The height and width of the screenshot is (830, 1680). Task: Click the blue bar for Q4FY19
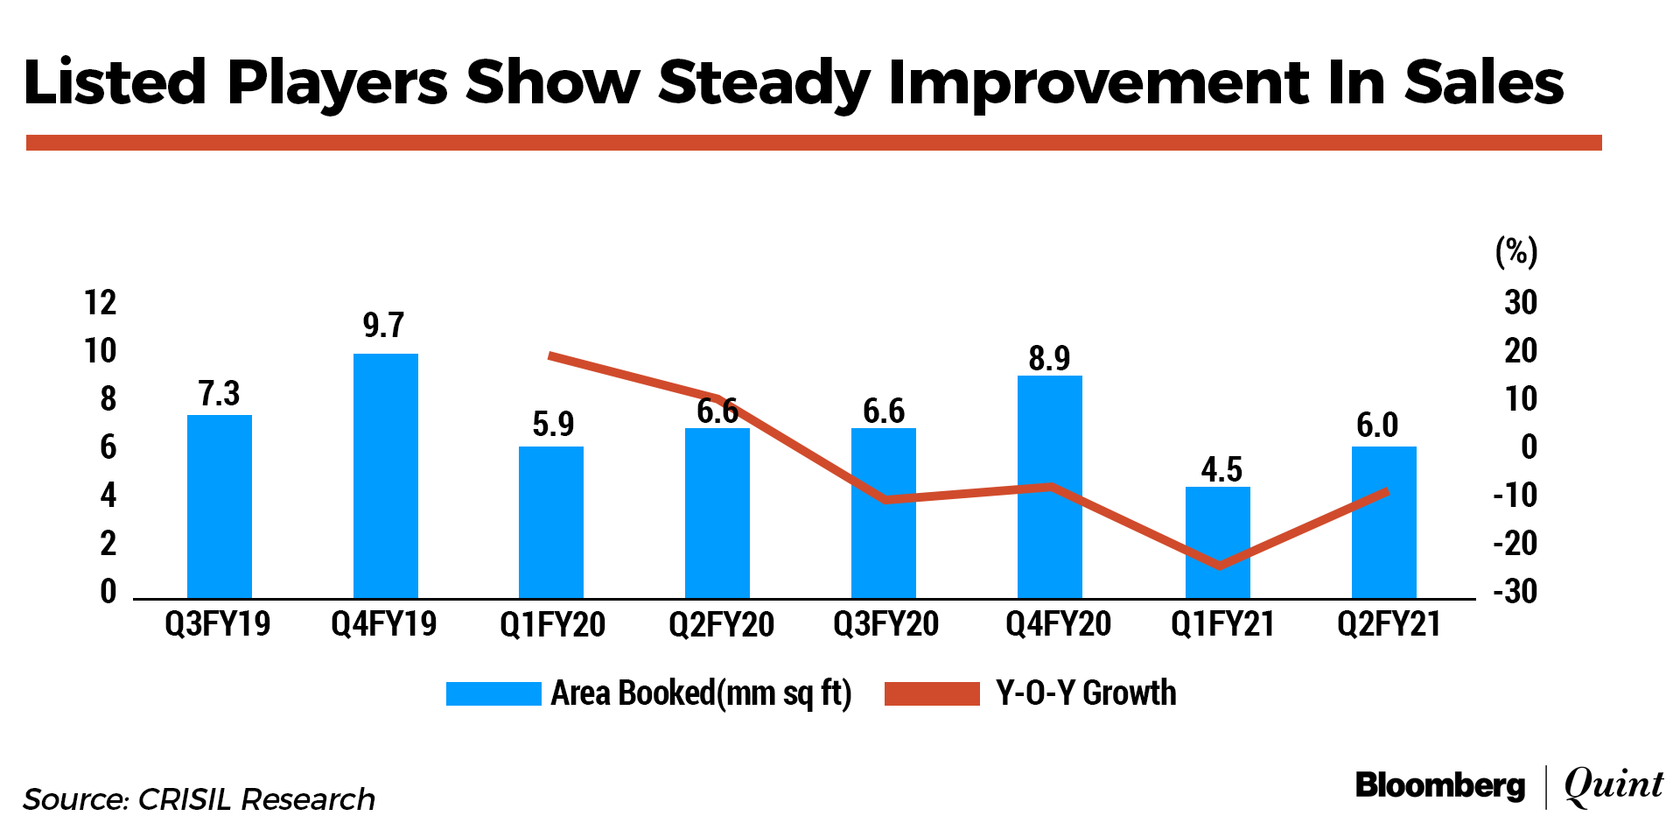pos(385,476)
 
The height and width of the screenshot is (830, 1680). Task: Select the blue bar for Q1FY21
pos(1217,543)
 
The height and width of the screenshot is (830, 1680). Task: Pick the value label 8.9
pos(1049,358)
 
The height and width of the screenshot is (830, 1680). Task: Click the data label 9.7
pos(383,326)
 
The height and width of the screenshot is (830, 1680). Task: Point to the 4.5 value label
pos(1221,469)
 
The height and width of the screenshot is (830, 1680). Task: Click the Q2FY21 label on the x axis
pos(1389,624)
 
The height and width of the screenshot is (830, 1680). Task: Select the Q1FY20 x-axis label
pos(552,624)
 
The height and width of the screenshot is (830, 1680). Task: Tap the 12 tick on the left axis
pos(101,303)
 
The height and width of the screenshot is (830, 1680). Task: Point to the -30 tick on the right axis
pos(1515,592)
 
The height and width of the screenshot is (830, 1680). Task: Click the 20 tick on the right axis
pos(1521,351)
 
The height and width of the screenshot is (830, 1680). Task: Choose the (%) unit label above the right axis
pos(1516,252)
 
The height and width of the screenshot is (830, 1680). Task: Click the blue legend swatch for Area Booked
pos(493,693)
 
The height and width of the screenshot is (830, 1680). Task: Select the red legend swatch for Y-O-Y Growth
pos(932,693)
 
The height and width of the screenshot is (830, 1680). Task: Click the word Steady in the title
pos(764,83)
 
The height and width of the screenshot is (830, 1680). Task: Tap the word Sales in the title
pos(1484,83)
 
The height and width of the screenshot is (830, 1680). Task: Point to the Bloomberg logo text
pos(1440,785)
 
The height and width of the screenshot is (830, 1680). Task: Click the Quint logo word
pos(1613,785)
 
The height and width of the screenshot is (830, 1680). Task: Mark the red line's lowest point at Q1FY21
pos(1219,566)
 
